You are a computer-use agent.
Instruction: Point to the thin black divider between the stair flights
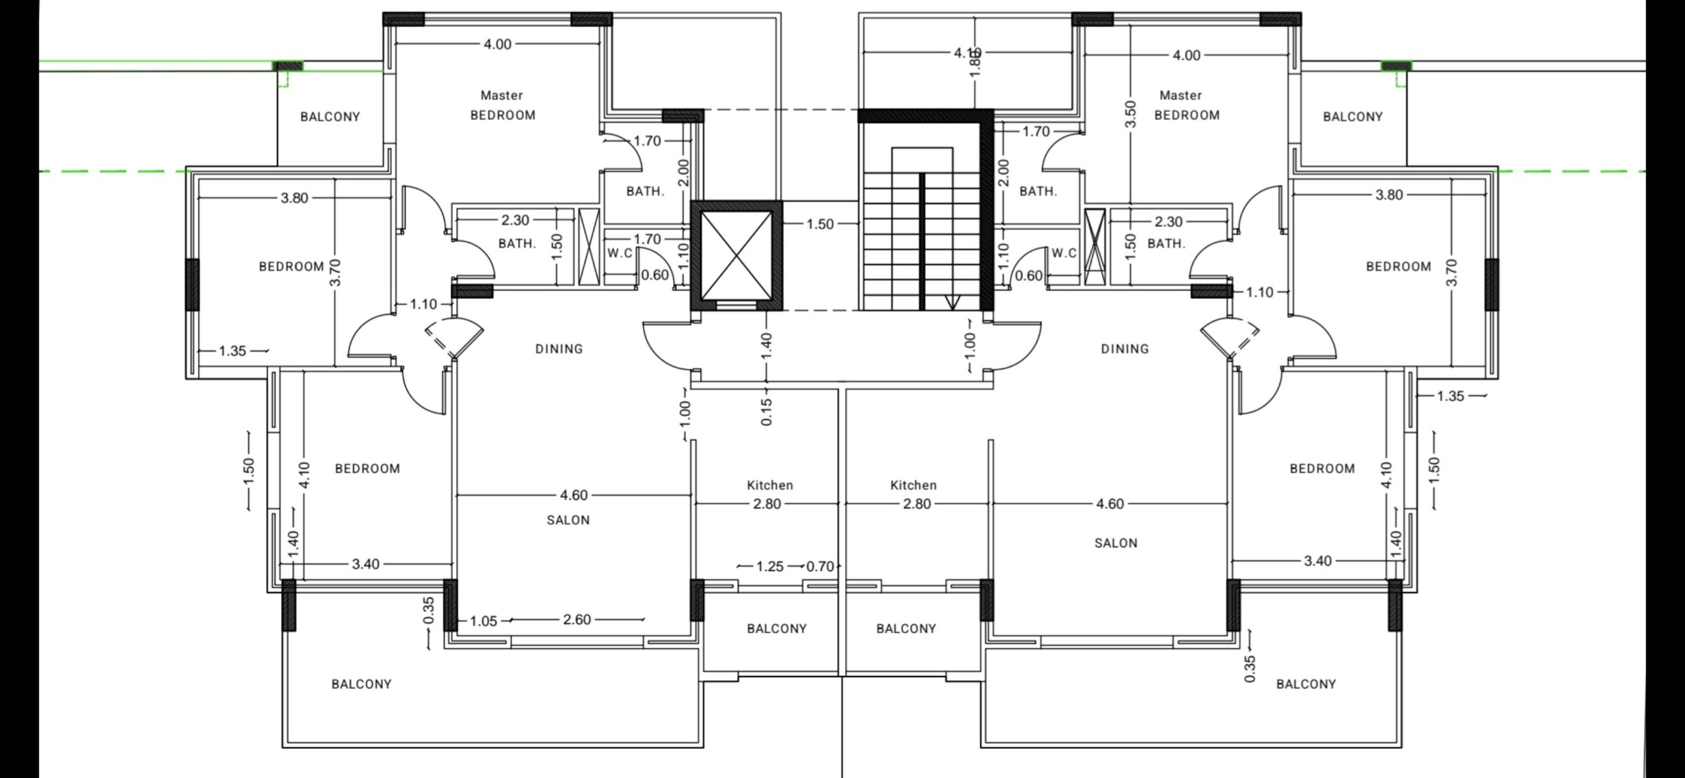[x=922, y=241]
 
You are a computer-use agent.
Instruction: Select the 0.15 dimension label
[x=766, y=412]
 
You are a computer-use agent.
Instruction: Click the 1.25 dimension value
[x=770, y=567]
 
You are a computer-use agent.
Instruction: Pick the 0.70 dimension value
[x=820, y=567]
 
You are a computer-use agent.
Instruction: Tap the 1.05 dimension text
[x=484, y=621]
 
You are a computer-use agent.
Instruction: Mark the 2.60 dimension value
[x=577, y=619]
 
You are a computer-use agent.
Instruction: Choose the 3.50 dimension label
[x=1131, y=115]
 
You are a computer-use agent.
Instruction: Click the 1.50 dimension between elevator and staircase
[x=820, y=224]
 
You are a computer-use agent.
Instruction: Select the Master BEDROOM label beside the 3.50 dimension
[x=1187, y=105]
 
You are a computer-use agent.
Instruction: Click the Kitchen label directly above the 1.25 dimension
[x=770, y=485]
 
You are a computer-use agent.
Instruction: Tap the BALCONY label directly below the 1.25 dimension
[x=777, y=629]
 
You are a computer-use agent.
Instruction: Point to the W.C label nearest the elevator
[x=619, y=253]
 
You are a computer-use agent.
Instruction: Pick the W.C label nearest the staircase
[x=1064, y=253]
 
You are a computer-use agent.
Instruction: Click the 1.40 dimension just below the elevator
[x=766, y=347]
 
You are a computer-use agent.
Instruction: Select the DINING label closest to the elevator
[x=559, y=349]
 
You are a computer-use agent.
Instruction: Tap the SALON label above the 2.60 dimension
[x=568, y=520]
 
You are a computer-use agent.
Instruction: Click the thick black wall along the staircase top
[x=925, y=116]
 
